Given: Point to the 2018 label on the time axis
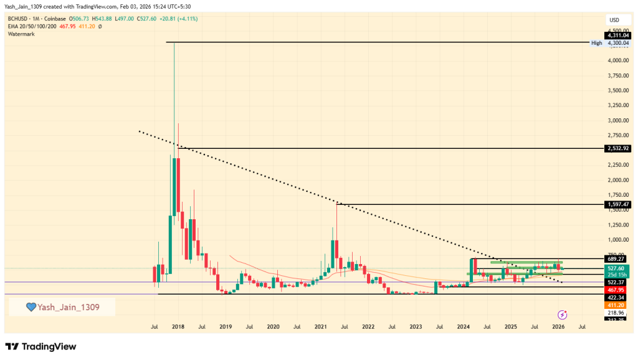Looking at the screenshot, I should tap(178, 326).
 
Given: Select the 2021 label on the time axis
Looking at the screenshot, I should tap(320, 326).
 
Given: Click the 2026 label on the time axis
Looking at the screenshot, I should tap(558, 326).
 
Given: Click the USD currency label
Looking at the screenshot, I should tap(614, 19).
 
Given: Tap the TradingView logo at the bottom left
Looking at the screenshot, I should tap(40, 346).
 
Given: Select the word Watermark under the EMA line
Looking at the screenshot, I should tap(21, 34).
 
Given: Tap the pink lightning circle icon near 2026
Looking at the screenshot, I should tap(562, 315).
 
